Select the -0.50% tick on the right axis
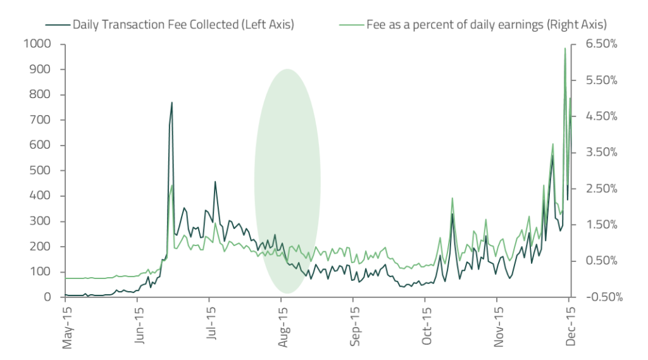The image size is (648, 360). click(x=598, y=297)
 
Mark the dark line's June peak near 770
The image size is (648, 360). click(x=171, y=102)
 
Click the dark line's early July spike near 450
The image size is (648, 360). click(x=215, y=182)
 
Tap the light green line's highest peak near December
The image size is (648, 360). click(x=564, y=48)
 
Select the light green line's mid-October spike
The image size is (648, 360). click(x=452, y=199)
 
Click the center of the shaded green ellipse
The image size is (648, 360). click(x=287, y=181)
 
